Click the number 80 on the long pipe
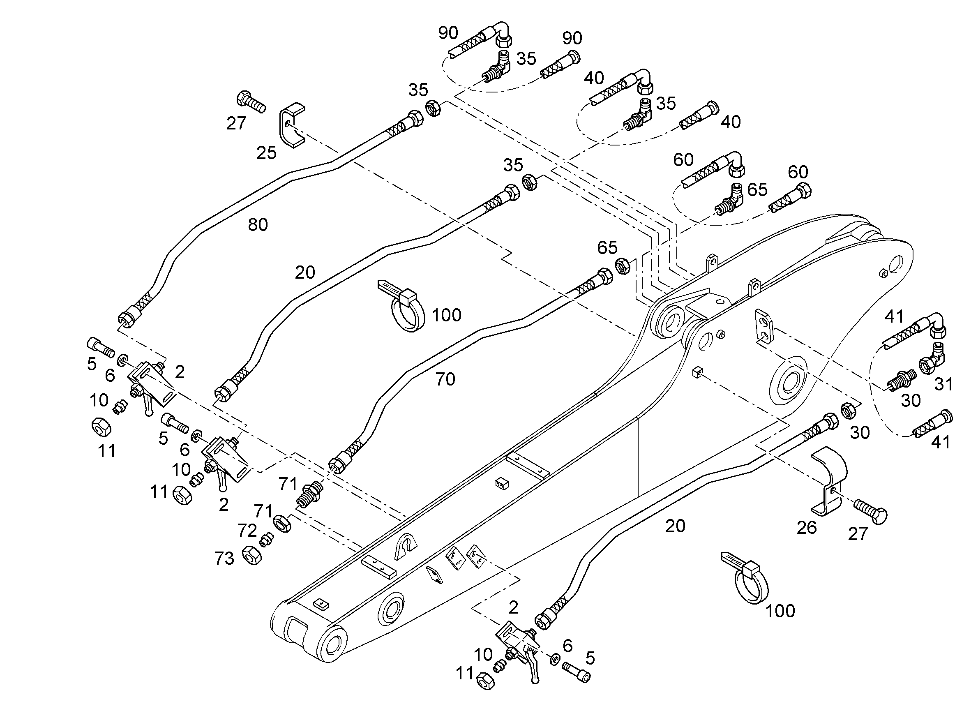point(258,224)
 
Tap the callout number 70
point(445,379)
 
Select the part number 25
point(266,152)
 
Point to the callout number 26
point(807,528)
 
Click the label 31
point(943,384)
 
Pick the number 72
point(247,531)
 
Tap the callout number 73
point(224,559)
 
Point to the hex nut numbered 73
point(252,555)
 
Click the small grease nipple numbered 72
point(267,540)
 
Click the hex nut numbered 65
point(622,266)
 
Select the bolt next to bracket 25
point(251,102)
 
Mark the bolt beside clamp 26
point(871,511)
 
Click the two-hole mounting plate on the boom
point(765,325)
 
